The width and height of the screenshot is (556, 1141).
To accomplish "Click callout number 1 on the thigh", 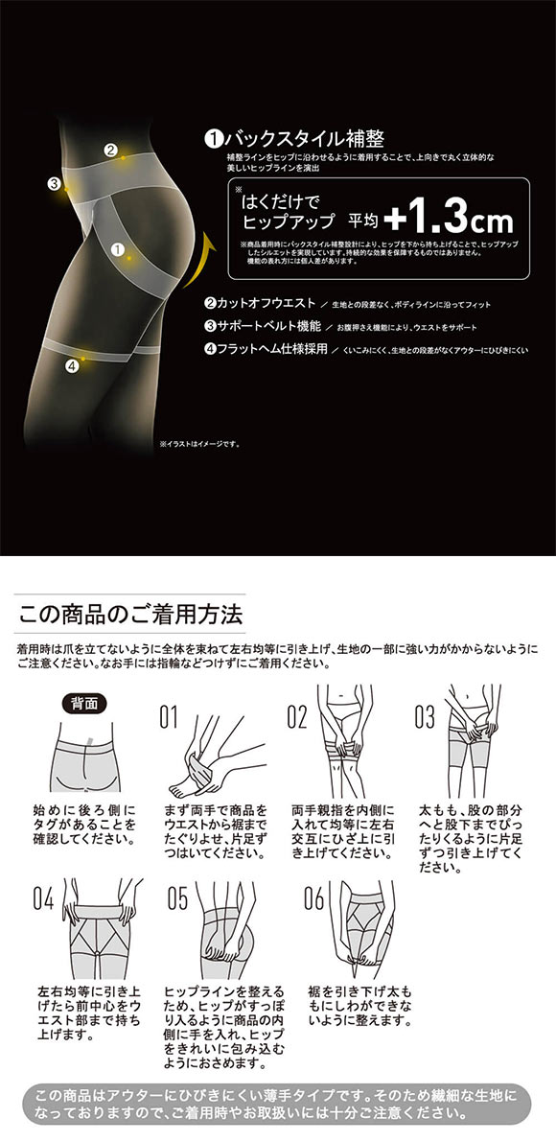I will click(119, 248).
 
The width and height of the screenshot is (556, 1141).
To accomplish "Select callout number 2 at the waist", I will click(110, 150).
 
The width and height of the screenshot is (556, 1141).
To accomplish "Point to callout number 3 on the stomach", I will click(55, 184).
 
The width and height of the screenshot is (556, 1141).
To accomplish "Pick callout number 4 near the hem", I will click(71, 365).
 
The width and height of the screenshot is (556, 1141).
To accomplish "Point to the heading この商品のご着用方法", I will click(130, 612).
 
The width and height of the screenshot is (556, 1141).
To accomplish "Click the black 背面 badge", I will click(83, 702).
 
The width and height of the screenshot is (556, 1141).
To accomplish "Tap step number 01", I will click(170, 715).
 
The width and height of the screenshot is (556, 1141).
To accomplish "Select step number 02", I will click(297, 715).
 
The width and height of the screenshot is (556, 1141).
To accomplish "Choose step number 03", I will click(425, 715).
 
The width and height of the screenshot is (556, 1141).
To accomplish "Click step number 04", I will click(43, 898).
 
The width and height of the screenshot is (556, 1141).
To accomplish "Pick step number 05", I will click(177, 898).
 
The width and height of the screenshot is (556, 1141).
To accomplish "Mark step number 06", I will click(313, 898).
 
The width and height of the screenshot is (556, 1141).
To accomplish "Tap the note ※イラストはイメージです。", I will click(198, 444).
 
